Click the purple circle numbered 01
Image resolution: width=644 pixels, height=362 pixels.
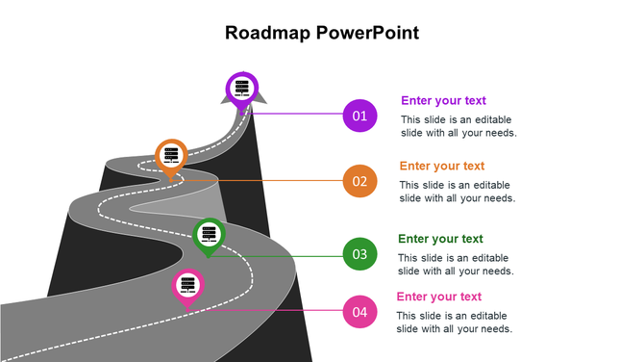point(359,116)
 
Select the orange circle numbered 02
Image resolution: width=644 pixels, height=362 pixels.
point(359,180)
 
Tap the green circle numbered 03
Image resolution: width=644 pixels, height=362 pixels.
point(359,254)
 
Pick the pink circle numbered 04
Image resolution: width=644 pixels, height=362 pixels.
point(359,311)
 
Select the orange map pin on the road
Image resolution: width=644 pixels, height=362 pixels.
point(171,156)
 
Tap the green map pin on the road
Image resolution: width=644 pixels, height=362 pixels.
point(209,235)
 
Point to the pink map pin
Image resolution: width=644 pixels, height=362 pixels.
point(187,286)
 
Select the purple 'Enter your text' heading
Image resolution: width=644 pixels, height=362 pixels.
point(443,100)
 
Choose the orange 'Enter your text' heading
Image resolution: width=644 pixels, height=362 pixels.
point(441,166)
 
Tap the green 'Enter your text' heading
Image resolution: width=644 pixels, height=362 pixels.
point(440,239)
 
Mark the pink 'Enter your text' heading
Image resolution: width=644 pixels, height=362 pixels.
point(439,297)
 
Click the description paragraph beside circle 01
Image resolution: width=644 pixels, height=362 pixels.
point(458,126)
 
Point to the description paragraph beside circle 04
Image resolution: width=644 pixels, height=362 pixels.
point(455,323)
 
